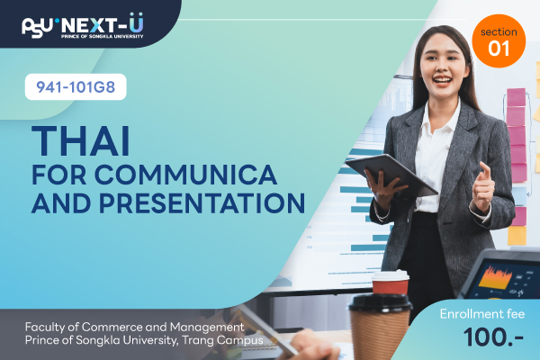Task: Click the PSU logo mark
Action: pos(37,27)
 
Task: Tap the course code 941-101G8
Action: pos(76,86)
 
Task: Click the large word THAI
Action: pos(81,141)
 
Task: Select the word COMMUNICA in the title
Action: pos(185,175)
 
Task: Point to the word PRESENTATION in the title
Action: pos(202,202)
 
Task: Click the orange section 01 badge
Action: pos(499,41)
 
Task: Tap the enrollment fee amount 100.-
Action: pos(493,337)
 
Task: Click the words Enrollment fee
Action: pos(482,314)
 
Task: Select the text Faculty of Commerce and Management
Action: pos(135,327)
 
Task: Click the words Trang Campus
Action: pos(222,340)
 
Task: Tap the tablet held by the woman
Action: pos(391,175)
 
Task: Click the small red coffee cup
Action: pos(391,283)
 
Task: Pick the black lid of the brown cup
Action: pos(380,302)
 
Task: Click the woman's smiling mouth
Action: pos(442,81)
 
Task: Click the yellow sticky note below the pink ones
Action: pos(517,236)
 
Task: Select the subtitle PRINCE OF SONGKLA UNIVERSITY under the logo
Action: pos(102,36)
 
